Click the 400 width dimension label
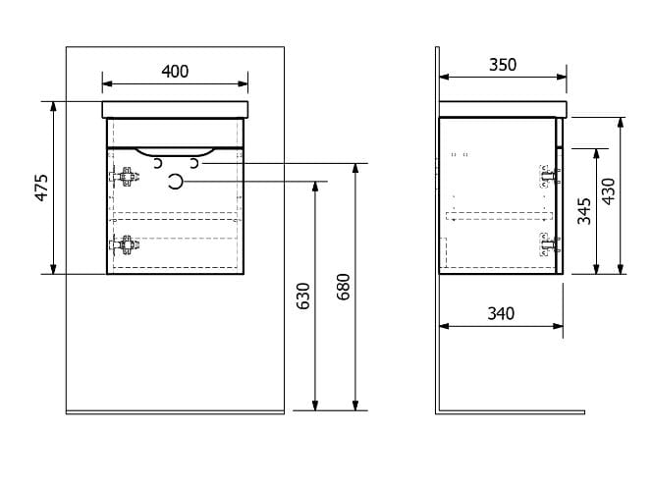pos(175,72)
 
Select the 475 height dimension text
pos(42,188)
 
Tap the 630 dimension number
pos(303,296)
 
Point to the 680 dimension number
pos(344,287)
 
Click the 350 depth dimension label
pos(503,65)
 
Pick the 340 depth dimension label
pos(501,313)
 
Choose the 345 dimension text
pos(584,211)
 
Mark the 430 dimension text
pos(609,191)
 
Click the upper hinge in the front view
pos(125,177)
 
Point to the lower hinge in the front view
pos(125,244)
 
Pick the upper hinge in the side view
pos(550,177)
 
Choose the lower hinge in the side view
pos(550,244)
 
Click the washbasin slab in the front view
pos(175,110)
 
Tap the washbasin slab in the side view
pos(503,109)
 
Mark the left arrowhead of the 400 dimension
pos(107,83)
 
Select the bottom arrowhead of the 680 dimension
pos(355,405)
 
